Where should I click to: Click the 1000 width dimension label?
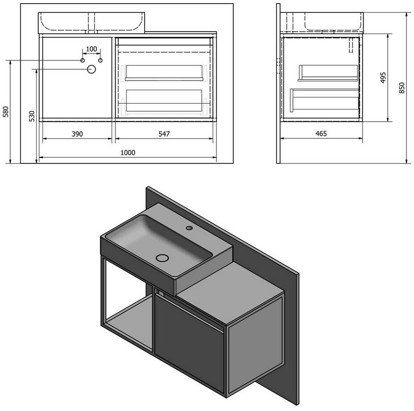(x=128, y=153)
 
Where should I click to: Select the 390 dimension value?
(x=77, y=134)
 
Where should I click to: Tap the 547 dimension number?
(x=164, y=134)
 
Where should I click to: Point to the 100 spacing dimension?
(x=91, y=49)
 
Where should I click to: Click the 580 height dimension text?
(x=6, y=112)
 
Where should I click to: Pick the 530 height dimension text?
(x=32, y=116)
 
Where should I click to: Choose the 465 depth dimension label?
(x=321, y=134)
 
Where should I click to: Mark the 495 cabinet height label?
(x=383, y=77)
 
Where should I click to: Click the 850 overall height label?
(x=402, y=88)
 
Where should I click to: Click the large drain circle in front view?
(x=91, y=69)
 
